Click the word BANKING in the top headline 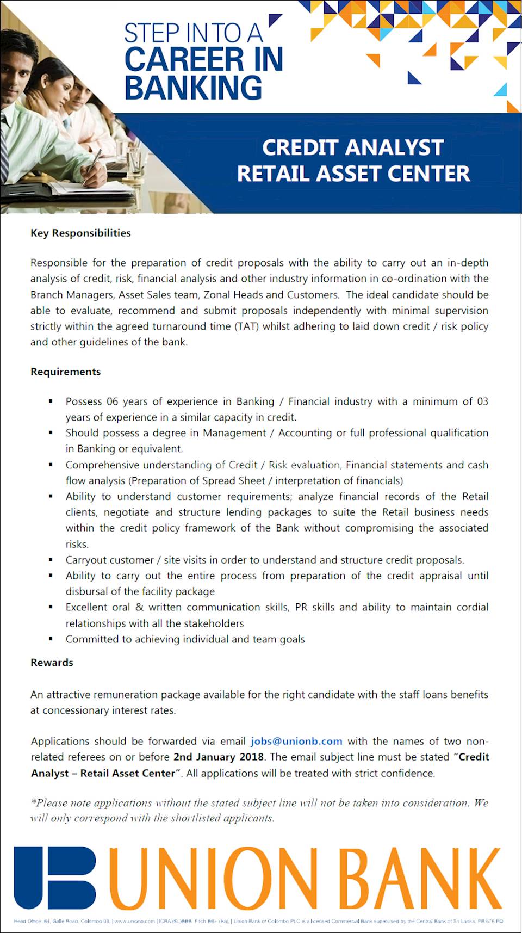pyautogui.click(x=193, y=88)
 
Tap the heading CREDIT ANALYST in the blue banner pyautogui.click(x=353, y=147)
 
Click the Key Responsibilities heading pyautogui.click(x=80, y=233)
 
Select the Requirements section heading pyautogui.click(x=66, y=372)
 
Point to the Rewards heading pyautogui.click(x=52, y=662)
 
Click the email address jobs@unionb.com pyautogui.click(x=296, y=741)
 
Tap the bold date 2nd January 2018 pyautogui.click(x=219, y=757)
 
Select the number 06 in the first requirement pyautogui.click(x=112, y=401)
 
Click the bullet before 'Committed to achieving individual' pyautogui.click(x=51, y=639)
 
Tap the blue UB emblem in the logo pyautogui.click(x=55, y=877)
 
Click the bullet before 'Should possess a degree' pyautogui.click(x=51, y=433)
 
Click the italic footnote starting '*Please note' pyautogui.click(x=259, y=810)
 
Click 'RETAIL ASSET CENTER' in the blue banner pyautogui.click(x=353, y=174)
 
